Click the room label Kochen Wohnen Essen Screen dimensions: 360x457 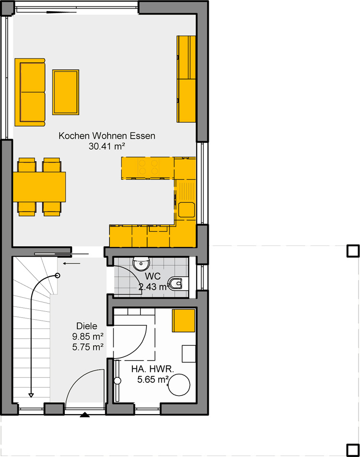107,136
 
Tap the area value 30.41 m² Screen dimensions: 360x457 107,146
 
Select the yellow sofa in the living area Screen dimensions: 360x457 30,92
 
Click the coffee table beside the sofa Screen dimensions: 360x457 66,92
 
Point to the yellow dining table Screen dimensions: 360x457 39,187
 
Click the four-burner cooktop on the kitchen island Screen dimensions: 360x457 148,167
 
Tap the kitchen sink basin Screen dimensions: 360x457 186,210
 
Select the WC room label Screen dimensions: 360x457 153,276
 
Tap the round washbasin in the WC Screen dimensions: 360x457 141,263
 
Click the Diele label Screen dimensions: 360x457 87,326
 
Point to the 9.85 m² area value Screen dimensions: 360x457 88,337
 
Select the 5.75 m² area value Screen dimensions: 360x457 88,347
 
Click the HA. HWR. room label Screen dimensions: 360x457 152,369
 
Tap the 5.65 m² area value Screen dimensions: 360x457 153,379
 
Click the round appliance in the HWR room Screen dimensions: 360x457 179,385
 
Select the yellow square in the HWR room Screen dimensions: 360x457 183,321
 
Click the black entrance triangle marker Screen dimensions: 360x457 85,415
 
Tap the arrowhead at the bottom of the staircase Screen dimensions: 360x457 31,395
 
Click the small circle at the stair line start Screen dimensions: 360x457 58,275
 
